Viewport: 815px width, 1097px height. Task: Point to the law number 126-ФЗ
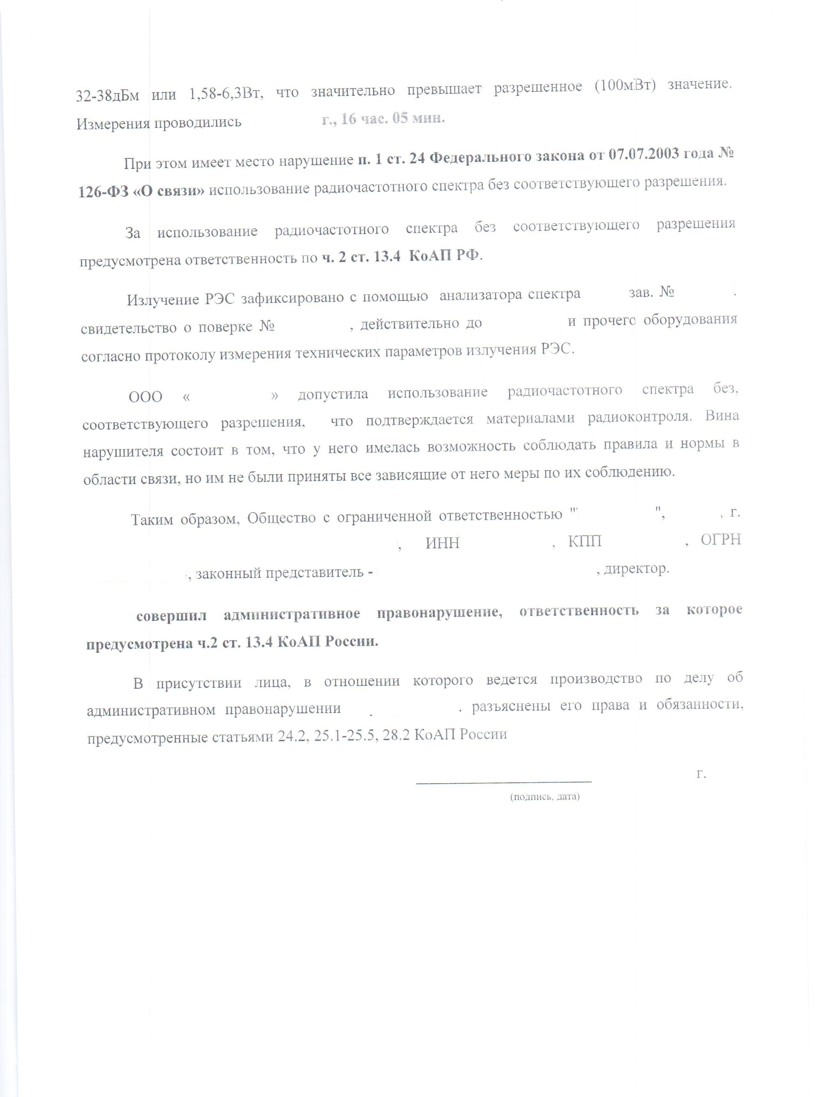[x=102, y=191]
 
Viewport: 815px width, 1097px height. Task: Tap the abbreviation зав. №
[x=651, y=292]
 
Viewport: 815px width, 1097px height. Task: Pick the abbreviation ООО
[x=145, y=397]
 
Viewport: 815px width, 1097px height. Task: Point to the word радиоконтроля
[x=639, y=417]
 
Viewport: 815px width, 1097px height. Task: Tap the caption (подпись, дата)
[x=545, y=796]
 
